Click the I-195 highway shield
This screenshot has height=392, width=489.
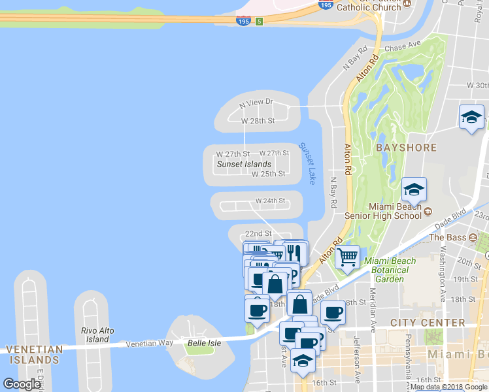click(243, 21)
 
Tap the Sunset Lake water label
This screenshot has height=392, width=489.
click(307, 163)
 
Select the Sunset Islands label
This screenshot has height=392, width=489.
click(244, 164)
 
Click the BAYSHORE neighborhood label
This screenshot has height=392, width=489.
click(406, 148)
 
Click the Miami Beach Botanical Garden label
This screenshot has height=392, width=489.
click(390, 269)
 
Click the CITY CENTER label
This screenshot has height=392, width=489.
click(428, 323)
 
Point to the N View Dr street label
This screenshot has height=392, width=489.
click(256, 103)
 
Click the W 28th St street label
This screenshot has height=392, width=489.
click(258, 121)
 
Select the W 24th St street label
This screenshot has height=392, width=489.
click(271, 201)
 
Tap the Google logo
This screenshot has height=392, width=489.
click(22, 384)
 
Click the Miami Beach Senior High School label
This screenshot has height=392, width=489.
click(395, 211)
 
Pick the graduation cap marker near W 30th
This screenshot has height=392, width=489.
click(471, 118)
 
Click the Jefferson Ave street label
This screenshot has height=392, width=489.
click(357, 359)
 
